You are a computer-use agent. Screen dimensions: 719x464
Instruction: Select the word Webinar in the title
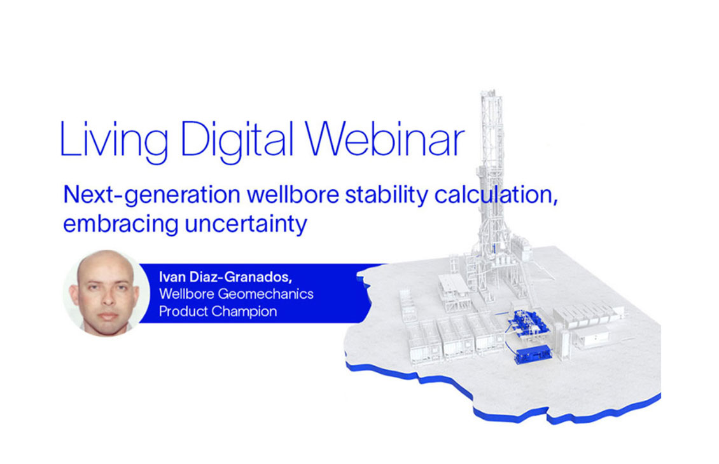[385, 139]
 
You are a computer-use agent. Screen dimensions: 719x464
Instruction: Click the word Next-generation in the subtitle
[152, 196]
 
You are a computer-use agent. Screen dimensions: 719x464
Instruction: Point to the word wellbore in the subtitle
[293, 194]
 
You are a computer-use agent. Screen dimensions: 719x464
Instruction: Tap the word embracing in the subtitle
[121, 225]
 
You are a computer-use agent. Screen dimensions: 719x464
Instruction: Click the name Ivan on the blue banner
[172, 276]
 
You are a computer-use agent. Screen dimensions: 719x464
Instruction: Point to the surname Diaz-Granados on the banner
[241, 277]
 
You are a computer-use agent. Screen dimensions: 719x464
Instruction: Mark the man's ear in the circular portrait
[73, 294]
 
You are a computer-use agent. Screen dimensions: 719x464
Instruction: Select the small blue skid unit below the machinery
[533, 355]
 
